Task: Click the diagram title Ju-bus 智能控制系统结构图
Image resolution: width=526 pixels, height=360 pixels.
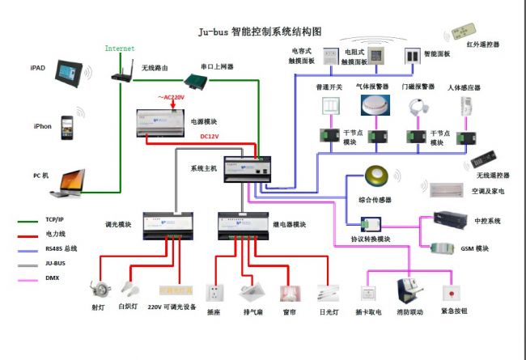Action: (260, 32)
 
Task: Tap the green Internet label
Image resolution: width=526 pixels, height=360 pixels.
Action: (120, 49)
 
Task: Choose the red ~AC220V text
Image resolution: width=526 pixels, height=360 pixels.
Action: (173, 98)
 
